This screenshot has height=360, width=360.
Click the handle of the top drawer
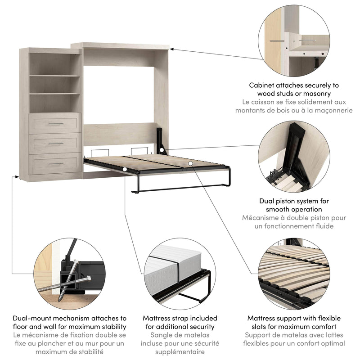click(x=56, y=123)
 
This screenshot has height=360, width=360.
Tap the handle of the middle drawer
click(x=56, y=144)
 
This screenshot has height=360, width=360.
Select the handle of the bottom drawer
click(x=56, y=164)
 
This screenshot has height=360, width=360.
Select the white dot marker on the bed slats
click(x=191, y=163)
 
